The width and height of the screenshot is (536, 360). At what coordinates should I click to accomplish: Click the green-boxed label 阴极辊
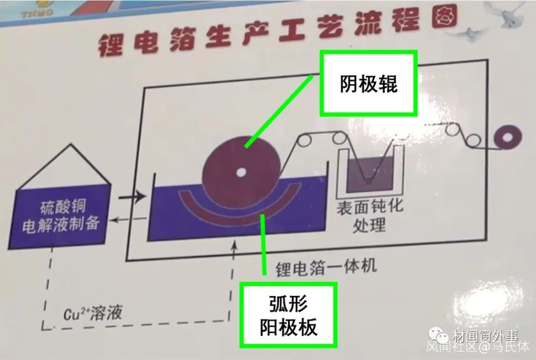[369, 84]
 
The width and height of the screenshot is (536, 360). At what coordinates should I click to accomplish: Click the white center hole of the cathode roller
[241, 173]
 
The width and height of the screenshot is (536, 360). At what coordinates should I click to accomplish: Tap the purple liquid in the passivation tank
[369, 174]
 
